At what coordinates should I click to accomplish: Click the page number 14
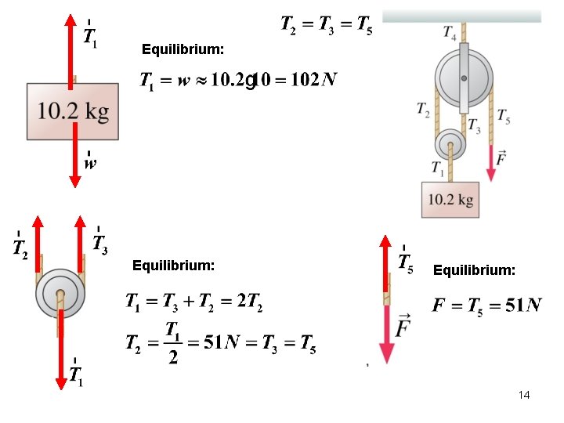point(524,395)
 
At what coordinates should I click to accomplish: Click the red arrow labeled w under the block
point(75,164)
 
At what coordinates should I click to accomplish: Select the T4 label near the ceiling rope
point(450,33)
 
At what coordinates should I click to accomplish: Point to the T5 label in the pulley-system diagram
point(504,115)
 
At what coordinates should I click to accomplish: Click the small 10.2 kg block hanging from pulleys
point(450,200)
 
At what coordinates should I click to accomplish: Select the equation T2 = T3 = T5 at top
point(327,25)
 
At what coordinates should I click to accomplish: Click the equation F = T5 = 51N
point(486,305)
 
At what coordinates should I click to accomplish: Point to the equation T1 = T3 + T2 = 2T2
point(193,302)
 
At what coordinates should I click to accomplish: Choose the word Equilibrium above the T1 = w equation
point(183,49)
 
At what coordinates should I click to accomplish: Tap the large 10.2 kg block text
point(73,112)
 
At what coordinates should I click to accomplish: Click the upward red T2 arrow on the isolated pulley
point(37,243)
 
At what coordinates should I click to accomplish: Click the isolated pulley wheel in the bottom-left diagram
point(60,295)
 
